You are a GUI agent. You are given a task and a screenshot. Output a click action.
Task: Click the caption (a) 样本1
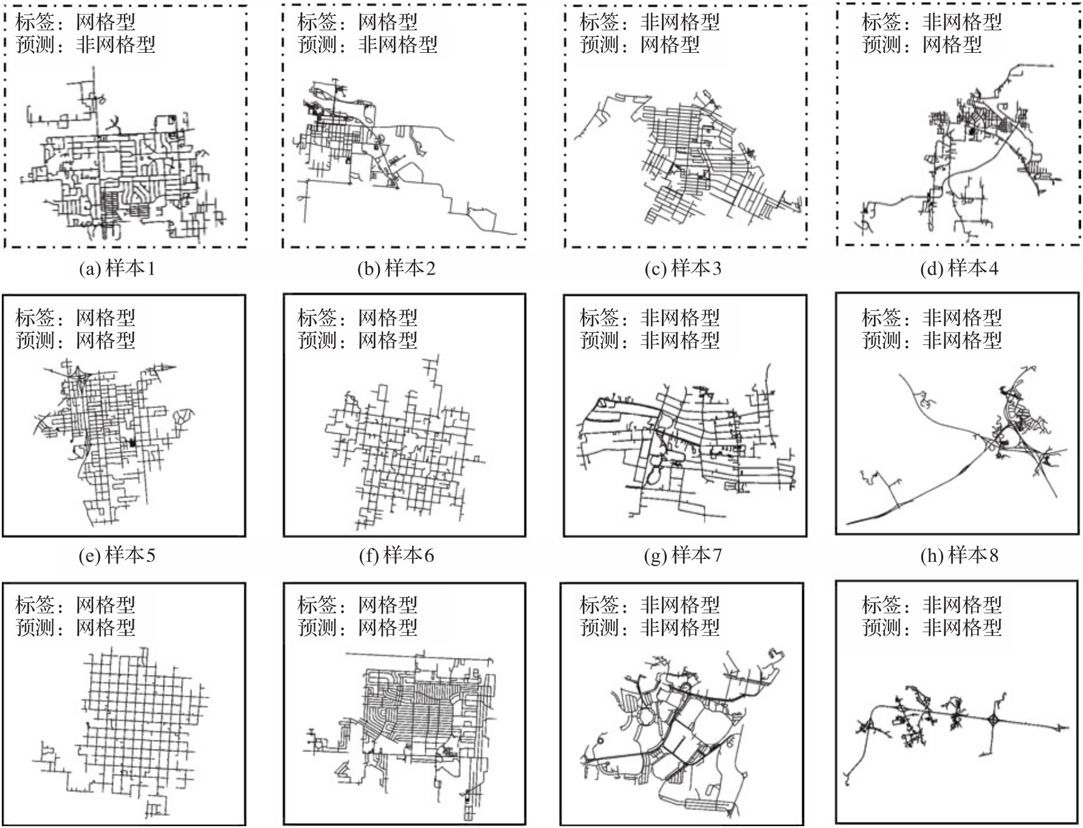pos(117,269)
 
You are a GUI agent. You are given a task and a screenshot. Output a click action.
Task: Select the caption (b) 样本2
pos(396,269)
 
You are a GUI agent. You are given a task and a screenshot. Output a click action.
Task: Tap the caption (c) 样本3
pos(683,269)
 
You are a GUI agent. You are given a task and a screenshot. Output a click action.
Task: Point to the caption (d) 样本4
pos(959,269)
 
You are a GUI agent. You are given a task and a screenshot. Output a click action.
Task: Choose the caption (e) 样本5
pos(117,555)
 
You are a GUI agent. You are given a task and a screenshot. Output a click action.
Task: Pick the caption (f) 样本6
pos(396,555)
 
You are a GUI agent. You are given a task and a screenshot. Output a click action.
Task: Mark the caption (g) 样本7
pos(683,555)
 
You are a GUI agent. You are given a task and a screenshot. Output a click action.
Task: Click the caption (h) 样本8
pos(959,555)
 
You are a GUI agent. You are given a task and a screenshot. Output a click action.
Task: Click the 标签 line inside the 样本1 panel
pos(75,22)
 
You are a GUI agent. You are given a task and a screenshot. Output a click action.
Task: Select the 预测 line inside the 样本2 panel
pos(367,44)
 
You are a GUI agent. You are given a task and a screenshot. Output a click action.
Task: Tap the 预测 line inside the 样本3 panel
pos(639,44)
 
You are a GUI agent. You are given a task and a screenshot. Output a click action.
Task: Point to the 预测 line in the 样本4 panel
pos(921,44)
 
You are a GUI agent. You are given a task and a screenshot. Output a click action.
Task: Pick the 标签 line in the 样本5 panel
pos(75,318)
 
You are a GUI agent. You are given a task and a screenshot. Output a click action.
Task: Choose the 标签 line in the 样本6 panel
pos(357,318)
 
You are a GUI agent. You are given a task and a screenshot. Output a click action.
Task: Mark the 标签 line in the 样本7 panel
pos(649,318)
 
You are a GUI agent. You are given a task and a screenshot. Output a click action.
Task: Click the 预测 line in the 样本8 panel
pos(931,340)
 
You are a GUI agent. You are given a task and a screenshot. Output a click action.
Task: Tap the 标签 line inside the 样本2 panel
pos(357,22)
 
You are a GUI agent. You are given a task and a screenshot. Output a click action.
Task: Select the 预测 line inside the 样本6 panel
pos(357,340)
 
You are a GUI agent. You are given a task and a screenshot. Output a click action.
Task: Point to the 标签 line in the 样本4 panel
pos(931,22)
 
